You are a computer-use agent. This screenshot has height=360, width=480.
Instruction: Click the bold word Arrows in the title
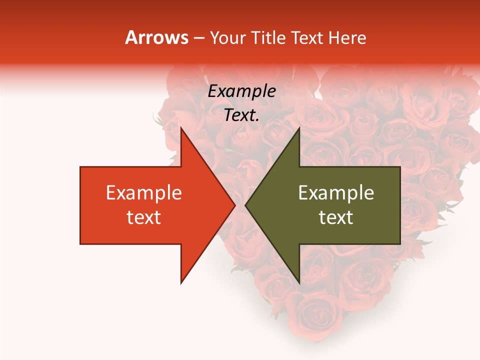tap(157, 37)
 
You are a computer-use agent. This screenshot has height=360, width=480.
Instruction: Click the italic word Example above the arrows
tap(241, 91)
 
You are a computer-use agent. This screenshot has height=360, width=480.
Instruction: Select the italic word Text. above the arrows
tap(241, 115)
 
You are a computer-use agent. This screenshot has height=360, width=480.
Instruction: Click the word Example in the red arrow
tap(143, 193)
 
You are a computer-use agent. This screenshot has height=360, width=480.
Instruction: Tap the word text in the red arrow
tap(143, 217)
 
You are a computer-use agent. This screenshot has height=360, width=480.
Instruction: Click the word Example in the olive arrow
tap(336, 193)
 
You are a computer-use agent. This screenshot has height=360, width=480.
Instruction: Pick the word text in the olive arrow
tap(336, 217)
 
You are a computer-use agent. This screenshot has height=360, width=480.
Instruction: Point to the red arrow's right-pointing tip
tap(235, 205)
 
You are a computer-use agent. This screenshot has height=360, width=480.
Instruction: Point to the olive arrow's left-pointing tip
tap(245, 205)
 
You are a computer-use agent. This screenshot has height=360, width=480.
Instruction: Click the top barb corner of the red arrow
tap(181, 128)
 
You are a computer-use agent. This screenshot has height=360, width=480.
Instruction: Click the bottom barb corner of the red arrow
tap(181, 283)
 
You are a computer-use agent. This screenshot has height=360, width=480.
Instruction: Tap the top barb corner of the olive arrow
tap(299, 128)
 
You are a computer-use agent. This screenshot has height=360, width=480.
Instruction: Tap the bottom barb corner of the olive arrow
tap(299, 283)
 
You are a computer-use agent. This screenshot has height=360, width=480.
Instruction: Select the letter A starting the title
tap(131, 37)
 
